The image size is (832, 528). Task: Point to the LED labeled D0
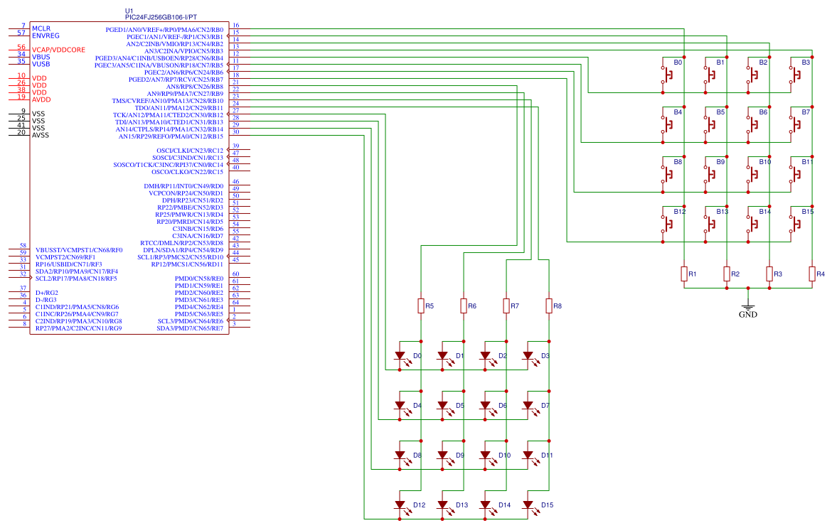click(x=400, y=356)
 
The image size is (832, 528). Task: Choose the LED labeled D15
click(x=528, y=505)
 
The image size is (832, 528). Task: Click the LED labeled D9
click(x=443, y=456)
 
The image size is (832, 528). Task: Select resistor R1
click(x=684, y=274)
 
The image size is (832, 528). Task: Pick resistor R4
click(x=812, y=274)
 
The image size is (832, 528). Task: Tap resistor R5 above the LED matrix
click(x=421, y=306)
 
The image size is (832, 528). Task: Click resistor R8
click(x=549, y=306)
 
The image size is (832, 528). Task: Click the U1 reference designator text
click(x=129, y=11)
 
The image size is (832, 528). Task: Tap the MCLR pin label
click(x=41, y=28)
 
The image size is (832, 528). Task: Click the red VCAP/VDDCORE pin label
click(x=58, y=50)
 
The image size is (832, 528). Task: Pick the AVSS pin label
click(x=41, y=134)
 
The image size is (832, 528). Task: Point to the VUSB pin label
click(x=41, y=64)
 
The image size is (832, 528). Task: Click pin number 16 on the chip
click(x=235, y=26)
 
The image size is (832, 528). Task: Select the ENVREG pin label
click(x=46, y=35)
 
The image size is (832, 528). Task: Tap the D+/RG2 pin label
click(x=47, y=293)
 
